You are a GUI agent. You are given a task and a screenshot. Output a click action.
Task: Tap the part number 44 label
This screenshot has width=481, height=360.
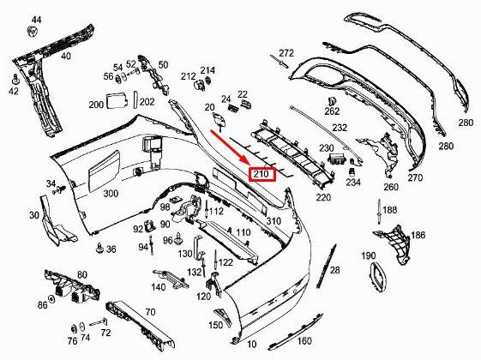pos(36,20)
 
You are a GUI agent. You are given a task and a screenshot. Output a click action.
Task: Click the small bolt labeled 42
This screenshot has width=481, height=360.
pos(15,79)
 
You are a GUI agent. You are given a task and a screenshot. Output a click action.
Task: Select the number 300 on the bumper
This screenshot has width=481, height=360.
pos(111,194)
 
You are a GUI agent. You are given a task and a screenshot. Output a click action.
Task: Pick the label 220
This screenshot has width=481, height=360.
pos(323,197)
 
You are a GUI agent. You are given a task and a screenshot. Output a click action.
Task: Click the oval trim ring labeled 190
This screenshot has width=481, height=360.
pos(378,276)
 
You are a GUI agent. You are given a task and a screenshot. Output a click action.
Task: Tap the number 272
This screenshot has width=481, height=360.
pos(286,53)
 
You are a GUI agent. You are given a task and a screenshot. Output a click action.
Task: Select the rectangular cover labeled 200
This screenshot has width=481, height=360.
pos(117,101)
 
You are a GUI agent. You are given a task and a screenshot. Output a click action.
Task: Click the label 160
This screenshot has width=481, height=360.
pos(304,340)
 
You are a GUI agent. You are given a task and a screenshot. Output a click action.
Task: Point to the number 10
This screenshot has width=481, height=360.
pos(251,344)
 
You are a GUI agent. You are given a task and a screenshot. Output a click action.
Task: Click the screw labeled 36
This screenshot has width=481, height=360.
pos(99,248)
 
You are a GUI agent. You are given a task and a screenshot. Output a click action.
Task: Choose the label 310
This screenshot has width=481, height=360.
pos(274,221)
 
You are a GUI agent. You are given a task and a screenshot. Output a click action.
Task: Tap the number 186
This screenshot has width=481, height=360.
pos(418,235)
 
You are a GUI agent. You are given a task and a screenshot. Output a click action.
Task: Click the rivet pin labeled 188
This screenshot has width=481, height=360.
pos(380,211)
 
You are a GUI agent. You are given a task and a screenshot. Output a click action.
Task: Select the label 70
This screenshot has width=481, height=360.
pos(150,312)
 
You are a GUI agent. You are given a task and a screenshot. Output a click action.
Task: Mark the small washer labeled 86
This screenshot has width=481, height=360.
pos(51,299)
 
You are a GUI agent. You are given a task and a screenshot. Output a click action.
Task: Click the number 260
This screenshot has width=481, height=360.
pos(391,187)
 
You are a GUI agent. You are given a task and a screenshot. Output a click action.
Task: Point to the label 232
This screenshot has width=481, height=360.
pos(340,127)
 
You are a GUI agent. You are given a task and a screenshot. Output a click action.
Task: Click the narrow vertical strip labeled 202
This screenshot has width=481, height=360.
pos(135,99)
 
